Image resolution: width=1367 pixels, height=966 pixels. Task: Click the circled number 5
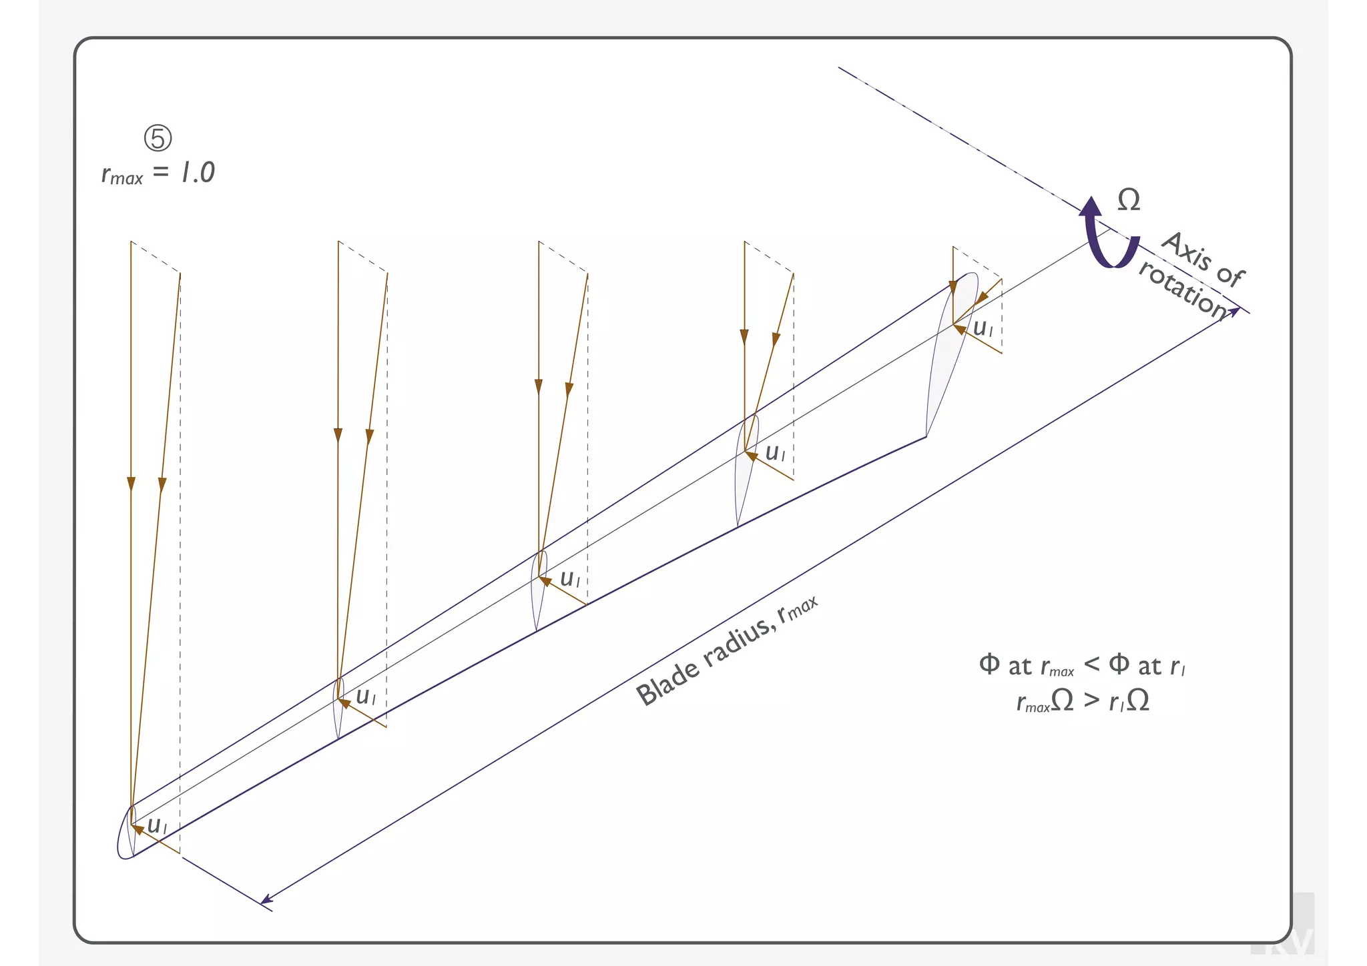(x=158, y=138)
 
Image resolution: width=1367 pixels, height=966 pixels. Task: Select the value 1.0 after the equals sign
(x=198, y=173)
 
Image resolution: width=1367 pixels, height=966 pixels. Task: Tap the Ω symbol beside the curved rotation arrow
(x=1129, y=200)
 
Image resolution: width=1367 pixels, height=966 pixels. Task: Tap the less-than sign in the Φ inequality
(x=1091, y=664)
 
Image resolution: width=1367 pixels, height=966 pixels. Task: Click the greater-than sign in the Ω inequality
(x=1091, y=700)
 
